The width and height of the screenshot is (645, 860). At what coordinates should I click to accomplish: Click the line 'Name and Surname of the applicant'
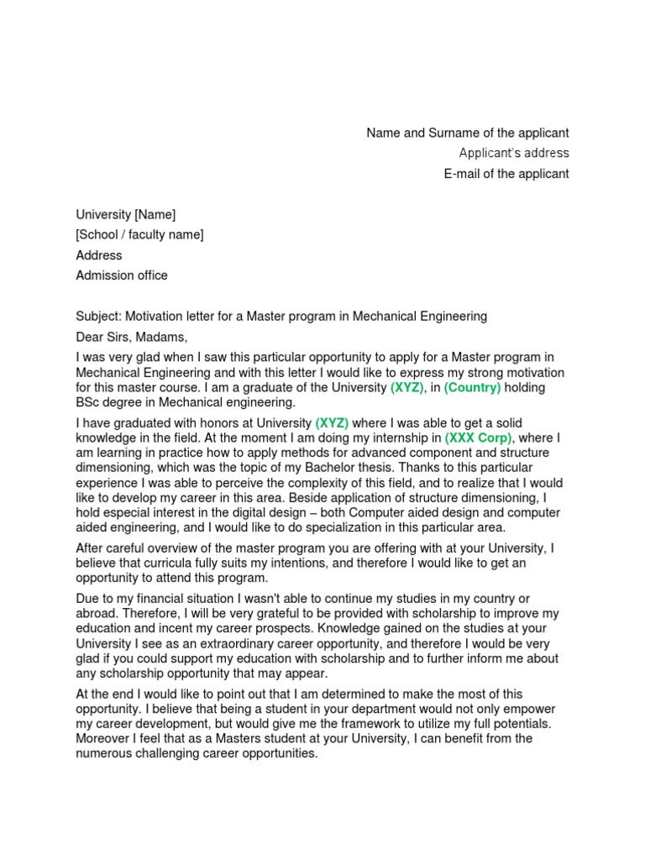tap(468, 133)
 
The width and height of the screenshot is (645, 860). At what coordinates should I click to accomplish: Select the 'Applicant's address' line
tap(514, 153)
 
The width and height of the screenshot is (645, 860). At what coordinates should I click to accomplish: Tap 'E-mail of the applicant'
tap(506, 174)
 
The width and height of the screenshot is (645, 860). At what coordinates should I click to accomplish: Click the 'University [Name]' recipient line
tap(126, 214)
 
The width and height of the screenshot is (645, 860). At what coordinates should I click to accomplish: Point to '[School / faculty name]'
tap(139, 234)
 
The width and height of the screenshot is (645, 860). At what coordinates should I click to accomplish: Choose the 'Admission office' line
tap(122, 275)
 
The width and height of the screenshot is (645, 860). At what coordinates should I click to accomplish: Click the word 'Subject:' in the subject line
tap(98, 317)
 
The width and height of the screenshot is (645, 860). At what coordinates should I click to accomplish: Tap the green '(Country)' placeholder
tap(472, 387)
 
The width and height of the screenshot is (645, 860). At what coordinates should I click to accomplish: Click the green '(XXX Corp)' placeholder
tap(479, 438)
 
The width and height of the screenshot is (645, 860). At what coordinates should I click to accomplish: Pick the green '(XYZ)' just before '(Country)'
tap(407, 387)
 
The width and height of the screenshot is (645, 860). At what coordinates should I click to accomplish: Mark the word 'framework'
tap(366, 724)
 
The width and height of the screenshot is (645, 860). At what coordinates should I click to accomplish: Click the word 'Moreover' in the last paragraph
tap(103, 739)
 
